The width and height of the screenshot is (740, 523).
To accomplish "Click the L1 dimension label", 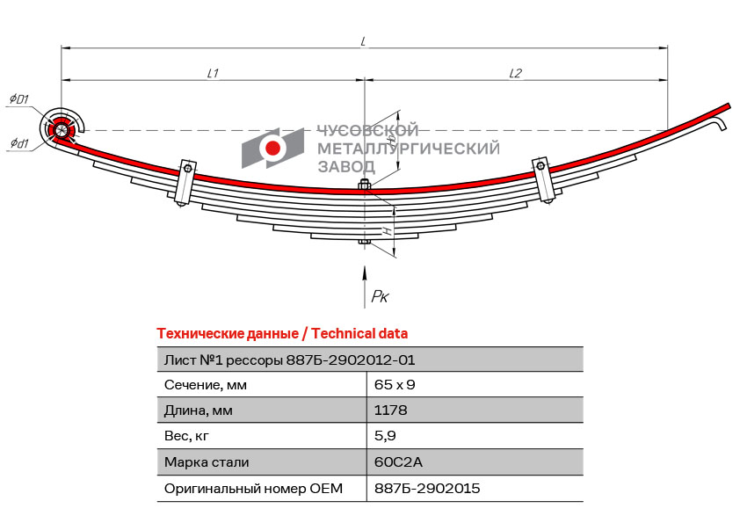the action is (213, 73).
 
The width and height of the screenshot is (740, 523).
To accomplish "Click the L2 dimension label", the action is (515, 73).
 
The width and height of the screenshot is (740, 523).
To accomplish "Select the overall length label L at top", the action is (363, 41).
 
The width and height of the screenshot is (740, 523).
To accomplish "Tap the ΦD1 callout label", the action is (19, 98).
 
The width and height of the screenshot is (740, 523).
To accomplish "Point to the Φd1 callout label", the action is (19, 142).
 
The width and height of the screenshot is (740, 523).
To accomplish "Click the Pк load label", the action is (380, 296).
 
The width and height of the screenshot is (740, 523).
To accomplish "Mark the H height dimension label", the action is (387, 231).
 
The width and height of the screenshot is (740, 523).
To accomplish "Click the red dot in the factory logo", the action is (272, 148).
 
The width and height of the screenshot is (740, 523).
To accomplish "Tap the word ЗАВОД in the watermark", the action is (346, 167).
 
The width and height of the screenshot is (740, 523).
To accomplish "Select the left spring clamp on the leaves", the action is (185, 182).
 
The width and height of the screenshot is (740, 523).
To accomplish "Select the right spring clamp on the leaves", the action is (544, 180).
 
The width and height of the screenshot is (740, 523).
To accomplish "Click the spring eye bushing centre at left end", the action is (61, 128).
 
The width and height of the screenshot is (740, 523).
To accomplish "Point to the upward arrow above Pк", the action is (364, 287).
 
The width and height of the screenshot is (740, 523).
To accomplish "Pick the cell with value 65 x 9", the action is (395, 385).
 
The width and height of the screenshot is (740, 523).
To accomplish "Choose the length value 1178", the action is (390, 410).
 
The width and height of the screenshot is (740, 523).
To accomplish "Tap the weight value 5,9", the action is (385, 436).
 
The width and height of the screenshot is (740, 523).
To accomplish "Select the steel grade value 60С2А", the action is (398, 461).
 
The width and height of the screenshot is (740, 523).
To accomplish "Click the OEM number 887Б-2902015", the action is (427, 488).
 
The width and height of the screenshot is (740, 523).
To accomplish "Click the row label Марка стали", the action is (207, 462).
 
